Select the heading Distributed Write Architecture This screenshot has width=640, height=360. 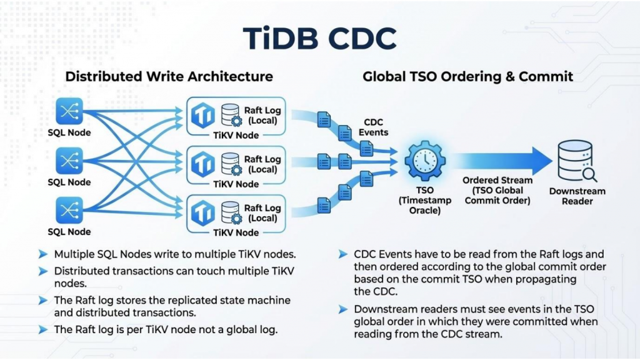169,77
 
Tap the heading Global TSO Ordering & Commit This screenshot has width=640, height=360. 467,77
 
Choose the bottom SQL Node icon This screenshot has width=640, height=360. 69,211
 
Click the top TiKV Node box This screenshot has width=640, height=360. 236,117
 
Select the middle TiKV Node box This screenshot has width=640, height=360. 236,166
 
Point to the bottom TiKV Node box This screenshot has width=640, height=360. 236,215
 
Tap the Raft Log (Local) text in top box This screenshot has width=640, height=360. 262,115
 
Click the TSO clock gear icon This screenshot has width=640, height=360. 424,160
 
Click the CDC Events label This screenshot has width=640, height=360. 373,127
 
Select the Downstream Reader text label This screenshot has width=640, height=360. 577,196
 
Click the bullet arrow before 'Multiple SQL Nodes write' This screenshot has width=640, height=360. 42,254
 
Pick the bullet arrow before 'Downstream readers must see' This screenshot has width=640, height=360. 342,309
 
